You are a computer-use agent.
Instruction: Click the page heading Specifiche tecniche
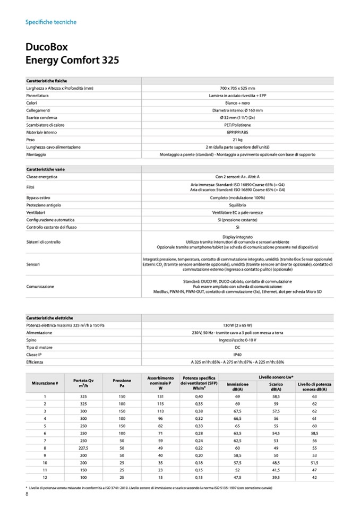51,22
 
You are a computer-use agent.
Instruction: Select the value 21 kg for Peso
237,140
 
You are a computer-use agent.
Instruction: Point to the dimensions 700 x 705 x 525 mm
237,88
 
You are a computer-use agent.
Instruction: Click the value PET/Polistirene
237,125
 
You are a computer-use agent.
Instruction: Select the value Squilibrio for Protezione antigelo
237,205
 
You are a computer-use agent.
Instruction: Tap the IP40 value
237,355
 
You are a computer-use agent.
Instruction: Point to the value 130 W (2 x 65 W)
237,325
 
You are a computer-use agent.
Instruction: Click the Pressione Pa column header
122,383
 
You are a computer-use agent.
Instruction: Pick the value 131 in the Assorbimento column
160,396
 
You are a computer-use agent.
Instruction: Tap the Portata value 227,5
83,447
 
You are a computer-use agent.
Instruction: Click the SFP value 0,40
199,396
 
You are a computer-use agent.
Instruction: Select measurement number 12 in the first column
45,477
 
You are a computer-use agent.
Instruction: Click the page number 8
27,495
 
